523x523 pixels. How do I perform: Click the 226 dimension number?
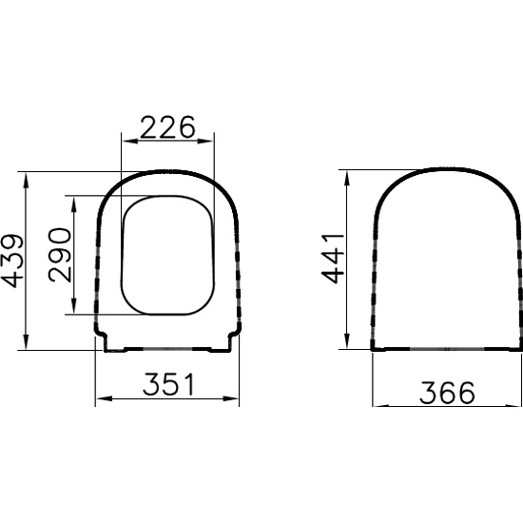(167, 127)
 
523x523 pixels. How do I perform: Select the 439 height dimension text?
(12, 261)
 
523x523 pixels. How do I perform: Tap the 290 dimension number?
(60, 255)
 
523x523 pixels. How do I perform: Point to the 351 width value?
(168, 384)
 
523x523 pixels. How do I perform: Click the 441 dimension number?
(332, 260)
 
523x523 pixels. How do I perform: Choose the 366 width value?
(447, 393)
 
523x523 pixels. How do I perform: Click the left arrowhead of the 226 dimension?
(130, 142)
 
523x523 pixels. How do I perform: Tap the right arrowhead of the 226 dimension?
(205, 142)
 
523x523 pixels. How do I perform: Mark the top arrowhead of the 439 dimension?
(27, 181)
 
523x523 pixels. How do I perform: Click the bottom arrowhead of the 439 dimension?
(27, 341)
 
